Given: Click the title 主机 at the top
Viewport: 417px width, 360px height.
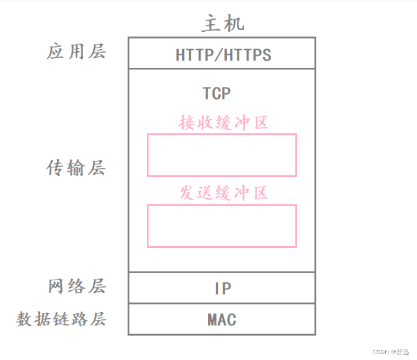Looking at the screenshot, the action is pyautogui.click(x=223, y=24).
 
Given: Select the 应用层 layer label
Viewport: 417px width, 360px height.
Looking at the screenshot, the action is pyautogui.click(x=76, y=52).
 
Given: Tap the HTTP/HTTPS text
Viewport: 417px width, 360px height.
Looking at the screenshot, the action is pyautogui.click(x=223, y=55).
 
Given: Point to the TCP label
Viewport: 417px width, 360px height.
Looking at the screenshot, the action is pyautogui.click(x=217, y=94).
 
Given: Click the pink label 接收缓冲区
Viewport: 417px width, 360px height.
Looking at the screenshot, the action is pyautogui.click(x=223, y=123).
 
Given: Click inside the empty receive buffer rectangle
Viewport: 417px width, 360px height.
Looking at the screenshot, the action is pyautogui.click(x=221, y=155).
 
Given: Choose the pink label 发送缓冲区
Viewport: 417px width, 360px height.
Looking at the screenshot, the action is pyautogui.click(x=223, y=193).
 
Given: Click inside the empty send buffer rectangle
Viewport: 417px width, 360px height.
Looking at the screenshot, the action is pyautogui.click(x=221, y=226).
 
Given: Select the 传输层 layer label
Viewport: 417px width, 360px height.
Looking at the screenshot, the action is pyautogui.click(x=76, y=168).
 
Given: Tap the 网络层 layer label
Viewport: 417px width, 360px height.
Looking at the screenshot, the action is pyautogui.click(x=77, y=286).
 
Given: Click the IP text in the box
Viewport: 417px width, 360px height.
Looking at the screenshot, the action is pyautogui.click(x=223, y=289).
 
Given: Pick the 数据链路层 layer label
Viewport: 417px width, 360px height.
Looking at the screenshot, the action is pyautogui.click(x=61, y=319).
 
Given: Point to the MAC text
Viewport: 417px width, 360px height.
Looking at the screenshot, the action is pyautogui.click(x=221, y=320).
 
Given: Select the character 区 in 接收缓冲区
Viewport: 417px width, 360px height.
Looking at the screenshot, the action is pyautogui.click(x=260, y=123).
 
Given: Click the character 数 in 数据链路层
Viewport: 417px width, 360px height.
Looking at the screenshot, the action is pyautogui.click(x=24, y=319).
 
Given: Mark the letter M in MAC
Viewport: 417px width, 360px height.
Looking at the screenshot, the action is pyautogui.click(x=212, y=320).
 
